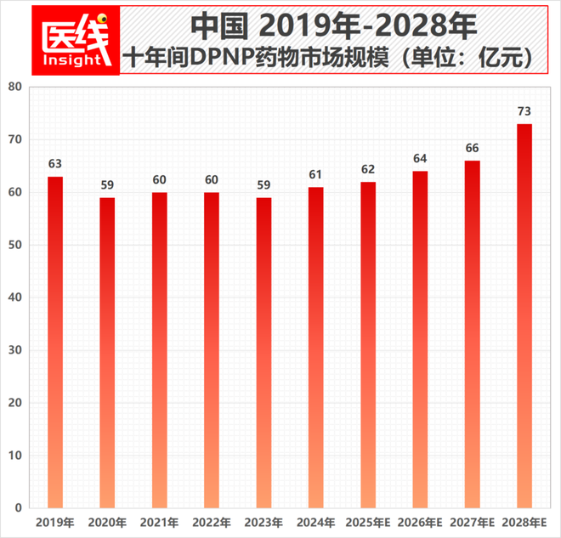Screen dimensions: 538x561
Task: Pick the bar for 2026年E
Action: [420, 339]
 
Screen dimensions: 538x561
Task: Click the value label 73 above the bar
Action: [524, 111]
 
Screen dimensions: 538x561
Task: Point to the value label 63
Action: [55, 164]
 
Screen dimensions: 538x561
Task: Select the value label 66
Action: [473, 148]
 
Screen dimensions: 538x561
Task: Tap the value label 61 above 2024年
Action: [316, 174]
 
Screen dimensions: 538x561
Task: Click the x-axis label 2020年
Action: [107, 521]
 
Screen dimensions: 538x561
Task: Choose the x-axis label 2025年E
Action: [368, 521]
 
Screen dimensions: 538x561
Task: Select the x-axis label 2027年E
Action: [473, 521]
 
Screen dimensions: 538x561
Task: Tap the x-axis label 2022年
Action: [212, 521]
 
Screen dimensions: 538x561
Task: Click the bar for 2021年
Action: [160, 349]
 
